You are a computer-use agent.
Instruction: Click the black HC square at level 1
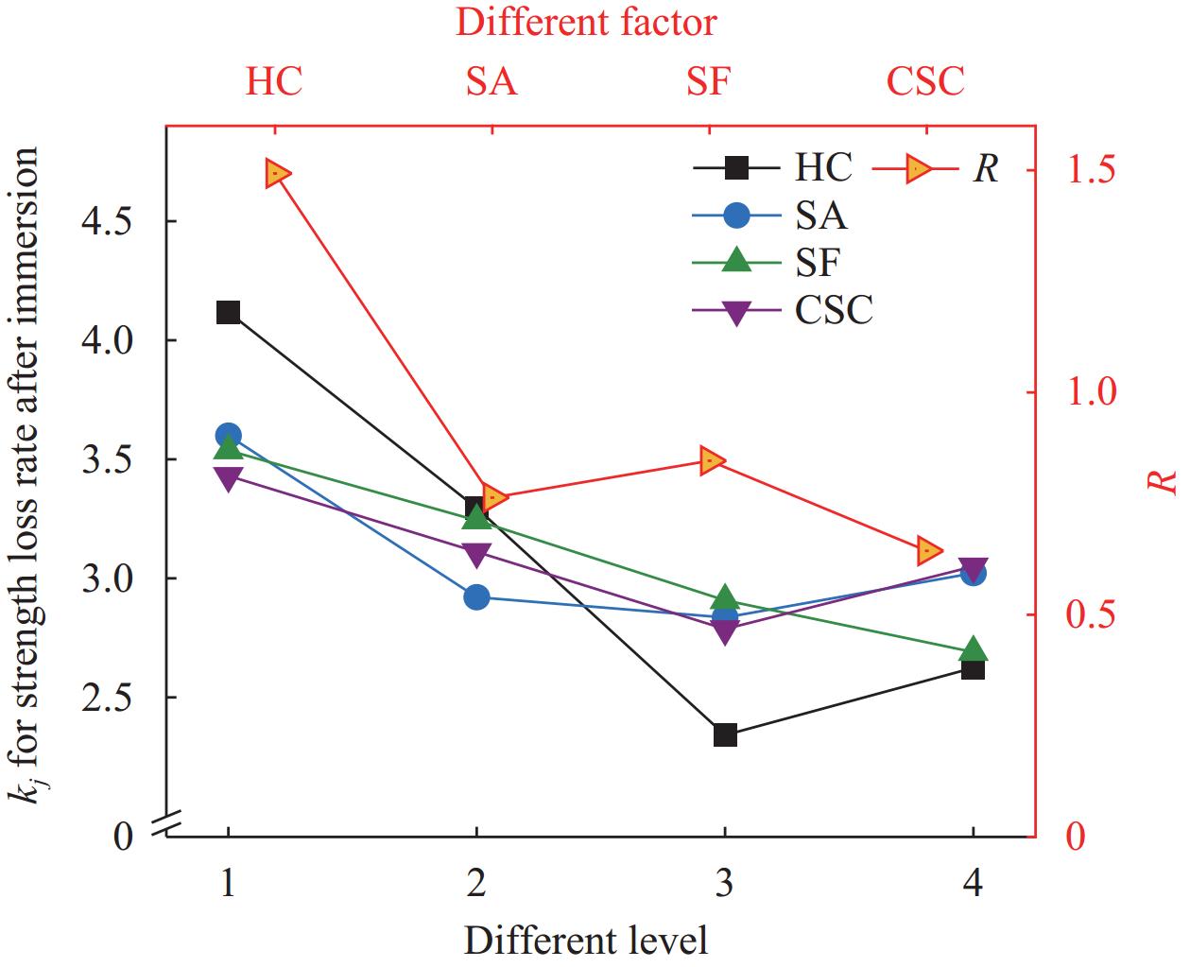click(x=228, y=313)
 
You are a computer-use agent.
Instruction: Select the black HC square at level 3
click(x=725, y=734)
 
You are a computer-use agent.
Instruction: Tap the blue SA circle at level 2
click(x=476, y=596)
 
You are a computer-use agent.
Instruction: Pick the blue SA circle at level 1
click(x=228, y=435)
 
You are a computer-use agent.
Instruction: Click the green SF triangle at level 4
click(x=974, y=650)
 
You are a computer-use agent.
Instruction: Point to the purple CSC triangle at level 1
click(x=228, y=477)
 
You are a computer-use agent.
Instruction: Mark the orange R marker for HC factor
click(x=278, y=174)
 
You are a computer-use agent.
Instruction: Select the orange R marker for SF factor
click(x=713, y=460)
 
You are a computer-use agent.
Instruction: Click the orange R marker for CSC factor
click(x=930, y=550)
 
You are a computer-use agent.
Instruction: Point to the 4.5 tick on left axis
click(x=112, y=221)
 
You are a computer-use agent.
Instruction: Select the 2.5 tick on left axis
click(x=112, y=698)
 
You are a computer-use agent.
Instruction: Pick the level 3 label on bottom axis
click(x=725, y=884)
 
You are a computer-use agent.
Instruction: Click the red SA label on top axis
click(x=492, y=81)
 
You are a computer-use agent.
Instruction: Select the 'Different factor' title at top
click(x=586, y=23)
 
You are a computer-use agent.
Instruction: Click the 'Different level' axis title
click(x=586, y=941)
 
